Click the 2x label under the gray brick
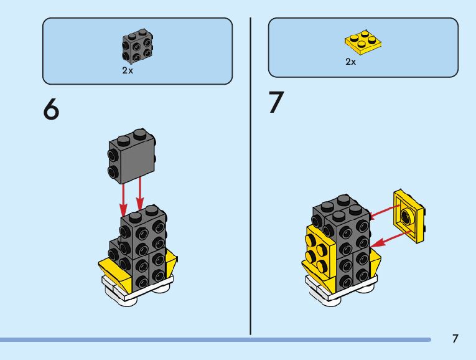(128, 70)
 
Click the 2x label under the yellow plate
(351, 63)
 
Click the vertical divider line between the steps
(251, 174)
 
